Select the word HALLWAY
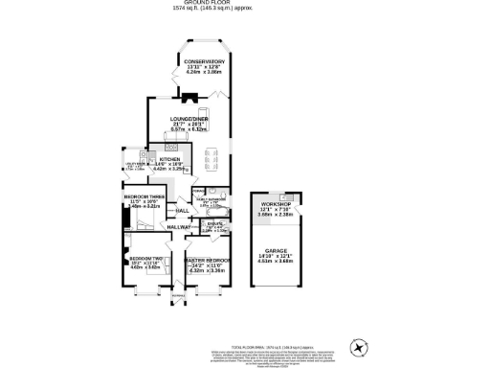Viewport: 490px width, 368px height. tap(180, 227)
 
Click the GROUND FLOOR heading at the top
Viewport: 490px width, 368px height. tap(245, 4)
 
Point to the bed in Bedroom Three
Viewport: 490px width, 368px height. tap(139, 220)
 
